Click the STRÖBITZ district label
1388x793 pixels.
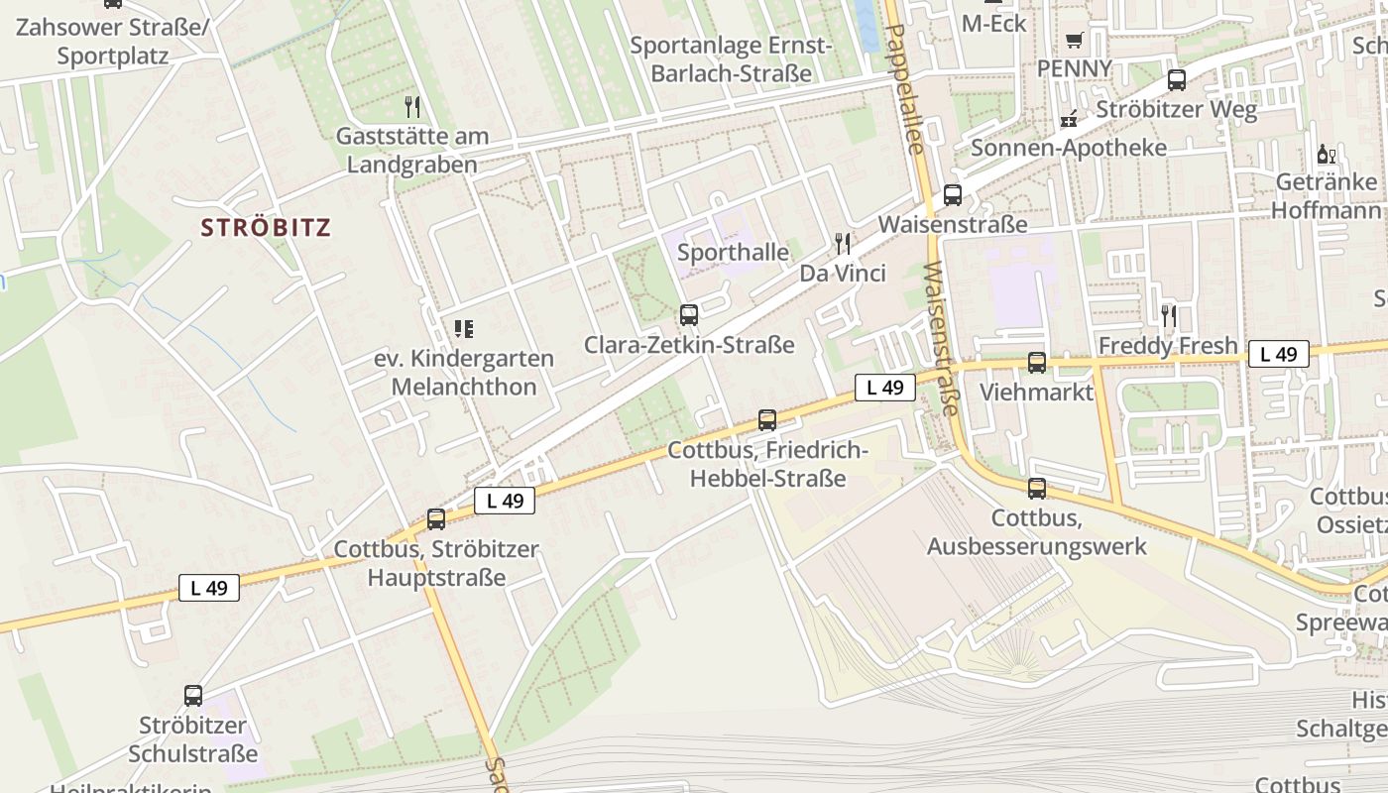point(266,227)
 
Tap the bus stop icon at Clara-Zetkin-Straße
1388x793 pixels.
point(689,315)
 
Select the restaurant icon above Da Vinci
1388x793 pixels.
point(843,243)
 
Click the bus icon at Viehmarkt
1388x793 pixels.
point(1037,363)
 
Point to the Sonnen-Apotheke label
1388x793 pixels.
point(1069,148)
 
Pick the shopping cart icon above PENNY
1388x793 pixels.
point(1074,41)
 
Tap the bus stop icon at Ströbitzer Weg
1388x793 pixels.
point(1177,80)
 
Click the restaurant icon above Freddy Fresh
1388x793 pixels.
point(1169,315)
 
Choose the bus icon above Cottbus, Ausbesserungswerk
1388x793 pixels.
point(1037,488)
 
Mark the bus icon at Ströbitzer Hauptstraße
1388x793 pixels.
point(436,518)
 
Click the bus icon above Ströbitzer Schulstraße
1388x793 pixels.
point(193,696)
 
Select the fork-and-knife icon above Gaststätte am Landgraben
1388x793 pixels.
point(412,106)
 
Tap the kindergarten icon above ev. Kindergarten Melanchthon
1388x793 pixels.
point(463,328)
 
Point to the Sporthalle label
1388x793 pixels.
point(734,253)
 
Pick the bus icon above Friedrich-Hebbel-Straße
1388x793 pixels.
point(767,419)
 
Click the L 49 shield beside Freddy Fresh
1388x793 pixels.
point(1278,354)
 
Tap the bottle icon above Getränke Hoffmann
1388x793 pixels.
point(1326,154)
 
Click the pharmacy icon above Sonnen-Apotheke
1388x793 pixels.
point(1069,119)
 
